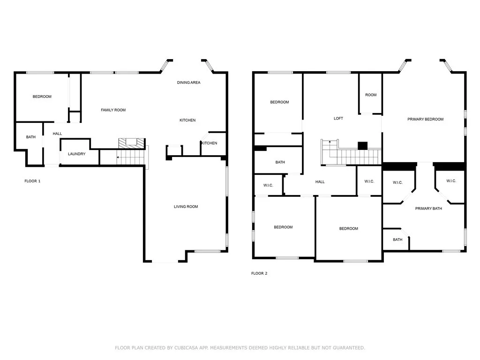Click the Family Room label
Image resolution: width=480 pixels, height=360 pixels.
pos(113,110)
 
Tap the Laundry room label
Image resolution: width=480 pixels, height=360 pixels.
pos(76,154)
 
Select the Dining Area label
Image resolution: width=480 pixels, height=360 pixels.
pos(188,82)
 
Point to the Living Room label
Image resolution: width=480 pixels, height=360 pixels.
pos(186,207)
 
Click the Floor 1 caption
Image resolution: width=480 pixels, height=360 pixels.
pos(32,181)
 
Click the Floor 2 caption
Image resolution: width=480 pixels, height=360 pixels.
pos(259,273)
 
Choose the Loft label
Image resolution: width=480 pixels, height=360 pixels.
pos(338,119)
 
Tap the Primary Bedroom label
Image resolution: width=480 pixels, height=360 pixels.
pos(425,120)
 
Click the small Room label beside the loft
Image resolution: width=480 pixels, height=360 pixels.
pos(371,95)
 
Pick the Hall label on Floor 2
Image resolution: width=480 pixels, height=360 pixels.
pos(320,182)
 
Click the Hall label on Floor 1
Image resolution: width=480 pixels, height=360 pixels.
pos(57,134)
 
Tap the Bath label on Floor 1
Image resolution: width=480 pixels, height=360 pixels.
pos(30,137)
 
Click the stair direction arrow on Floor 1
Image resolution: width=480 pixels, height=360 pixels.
pos(118,157)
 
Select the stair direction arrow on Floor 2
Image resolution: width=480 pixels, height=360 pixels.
pos(330,142)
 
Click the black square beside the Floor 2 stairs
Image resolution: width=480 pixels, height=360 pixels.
pos(362,145)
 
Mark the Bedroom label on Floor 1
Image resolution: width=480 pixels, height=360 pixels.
pos(42,97)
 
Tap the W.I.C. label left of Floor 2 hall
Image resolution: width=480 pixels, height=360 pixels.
pos(268,185)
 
